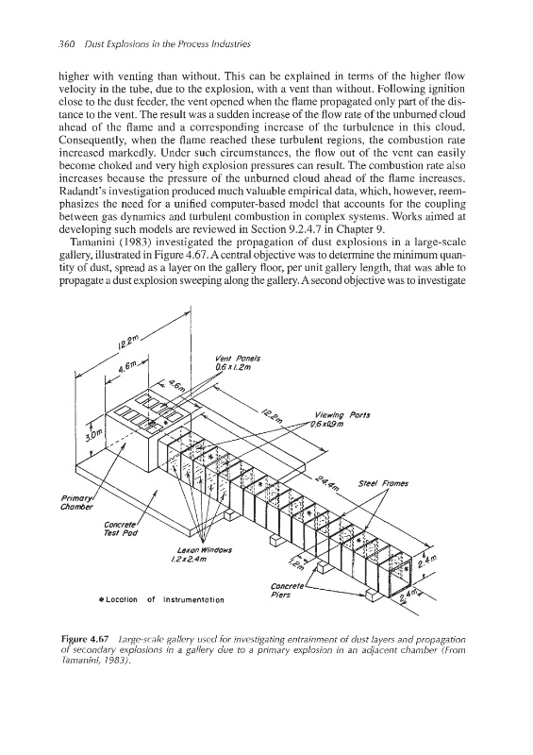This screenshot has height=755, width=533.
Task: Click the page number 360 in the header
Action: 65,44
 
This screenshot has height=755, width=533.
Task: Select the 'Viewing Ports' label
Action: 342,415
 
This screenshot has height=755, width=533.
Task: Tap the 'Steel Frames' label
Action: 383,483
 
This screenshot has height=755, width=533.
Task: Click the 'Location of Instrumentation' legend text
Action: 161,600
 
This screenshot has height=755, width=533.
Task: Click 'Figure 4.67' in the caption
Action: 80,640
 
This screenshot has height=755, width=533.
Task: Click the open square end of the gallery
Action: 397,574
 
